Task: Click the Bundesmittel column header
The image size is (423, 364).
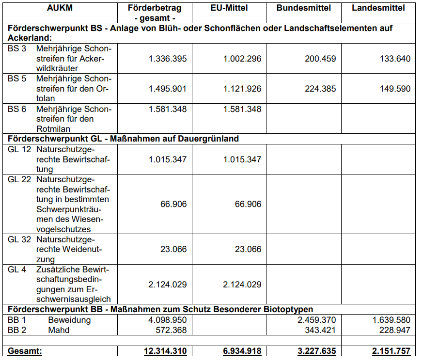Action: pos(303,8)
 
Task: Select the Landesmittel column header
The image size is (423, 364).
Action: pos(378,8)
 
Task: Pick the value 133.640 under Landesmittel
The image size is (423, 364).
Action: pos(394,59)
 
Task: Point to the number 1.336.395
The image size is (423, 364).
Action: pos(167,59)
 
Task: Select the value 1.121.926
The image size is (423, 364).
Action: pos(242,89)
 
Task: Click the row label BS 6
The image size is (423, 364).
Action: pos(17,109)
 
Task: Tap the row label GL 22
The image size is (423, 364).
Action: pos(19,179)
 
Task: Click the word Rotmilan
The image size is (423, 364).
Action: pos(53,129)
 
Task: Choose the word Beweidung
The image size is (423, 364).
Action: pos(69,320)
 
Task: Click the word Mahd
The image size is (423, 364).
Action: pos(59,330)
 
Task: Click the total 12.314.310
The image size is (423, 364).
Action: pos(165,351)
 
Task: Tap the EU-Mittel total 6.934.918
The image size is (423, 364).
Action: pos(240,351)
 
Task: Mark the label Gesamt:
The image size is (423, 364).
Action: pos(25,351)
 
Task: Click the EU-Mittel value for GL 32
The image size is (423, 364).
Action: pos(248,249)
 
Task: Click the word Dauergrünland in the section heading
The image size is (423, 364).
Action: pos(211,139)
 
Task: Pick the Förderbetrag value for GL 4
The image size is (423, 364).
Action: pos(167,285)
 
